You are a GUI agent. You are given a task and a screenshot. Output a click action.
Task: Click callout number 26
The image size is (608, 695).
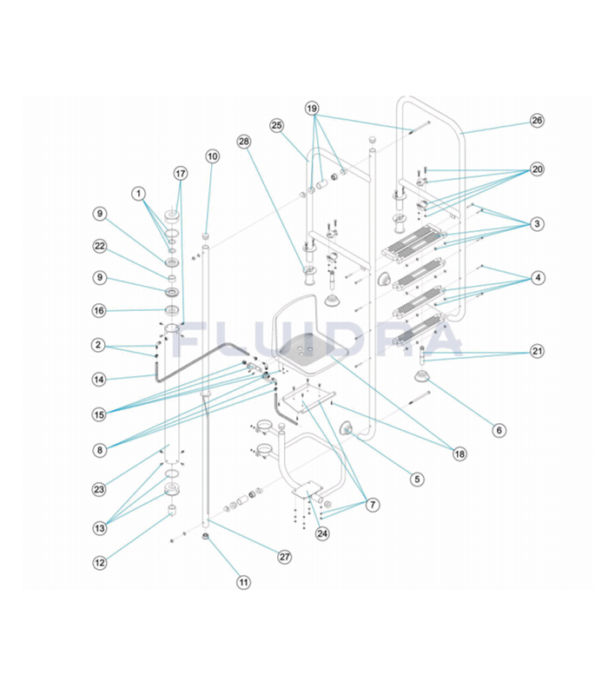point(537,121)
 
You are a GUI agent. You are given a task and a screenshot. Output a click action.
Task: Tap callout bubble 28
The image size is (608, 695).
point(244,141)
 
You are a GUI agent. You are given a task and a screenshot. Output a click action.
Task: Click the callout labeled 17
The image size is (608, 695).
point(180,173)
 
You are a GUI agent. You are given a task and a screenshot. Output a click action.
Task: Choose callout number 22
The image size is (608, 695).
point(101,246)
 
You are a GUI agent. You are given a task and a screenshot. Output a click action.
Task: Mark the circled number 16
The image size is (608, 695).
point(101,310)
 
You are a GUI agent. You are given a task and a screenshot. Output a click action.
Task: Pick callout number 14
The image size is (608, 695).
point(101,379)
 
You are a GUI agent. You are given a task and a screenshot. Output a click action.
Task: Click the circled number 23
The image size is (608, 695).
point(99,489)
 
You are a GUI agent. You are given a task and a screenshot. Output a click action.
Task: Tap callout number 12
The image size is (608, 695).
point(101,562)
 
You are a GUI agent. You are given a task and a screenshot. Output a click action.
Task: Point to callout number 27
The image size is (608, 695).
point(284,557)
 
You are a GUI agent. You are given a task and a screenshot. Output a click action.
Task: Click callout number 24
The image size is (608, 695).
point(323,533)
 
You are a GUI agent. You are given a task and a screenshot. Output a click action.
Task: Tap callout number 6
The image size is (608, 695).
point(499,429)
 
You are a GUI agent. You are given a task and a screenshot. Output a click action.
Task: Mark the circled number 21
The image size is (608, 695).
point(537,352)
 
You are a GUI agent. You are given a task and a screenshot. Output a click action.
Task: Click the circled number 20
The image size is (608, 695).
point(537,169)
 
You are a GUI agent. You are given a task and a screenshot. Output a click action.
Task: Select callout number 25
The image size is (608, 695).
point(277,125)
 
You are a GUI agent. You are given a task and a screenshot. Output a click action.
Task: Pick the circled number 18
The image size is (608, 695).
point(458,453)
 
